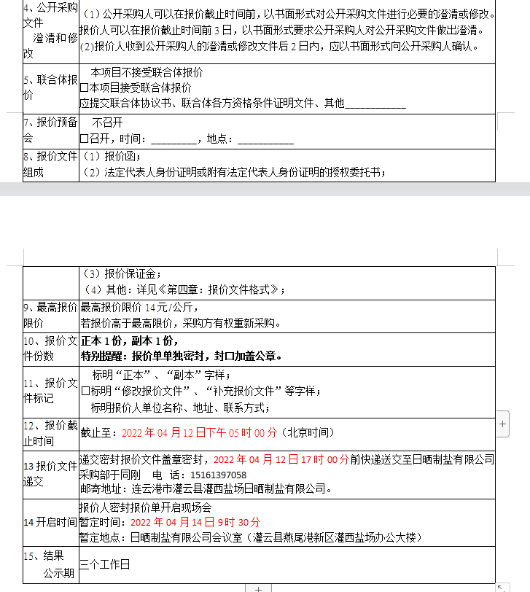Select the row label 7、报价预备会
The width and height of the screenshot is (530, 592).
click(x=50, y=130)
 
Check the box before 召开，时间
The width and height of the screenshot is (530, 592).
click(x=84, y=139)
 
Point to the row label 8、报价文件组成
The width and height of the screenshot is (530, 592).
click(x=50, y=164)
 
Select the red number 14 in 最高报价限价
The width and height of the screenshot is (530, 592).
click(x=151, y=308)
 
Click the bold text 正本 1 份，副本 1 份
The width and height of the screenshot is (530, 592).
click(x=130, y=340)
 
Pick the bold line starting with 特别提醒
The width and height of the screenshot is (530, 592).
click(x=181, y=357)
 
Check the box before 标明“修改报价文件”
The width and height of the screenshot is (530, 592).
click(x=85, y=391)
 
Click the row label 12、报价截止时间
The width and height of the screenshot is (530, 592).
click(x=50, y=433)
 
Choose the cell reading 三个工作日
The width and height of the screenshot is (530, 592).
click(x=105, y=564)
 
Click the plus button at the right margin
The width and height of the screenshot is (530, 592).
click(x=503, y=423)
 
